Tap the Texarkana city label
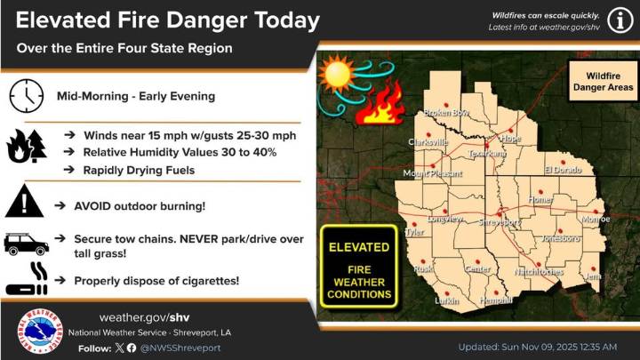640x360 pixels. [486, 154]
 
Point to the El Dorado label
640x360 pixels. [563, 169]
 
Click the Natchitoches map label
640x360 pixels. [539, 271]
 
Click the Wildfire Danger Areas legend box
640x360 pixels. [596, 80]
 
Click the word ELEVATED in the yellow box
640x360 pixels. [358, 245]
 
